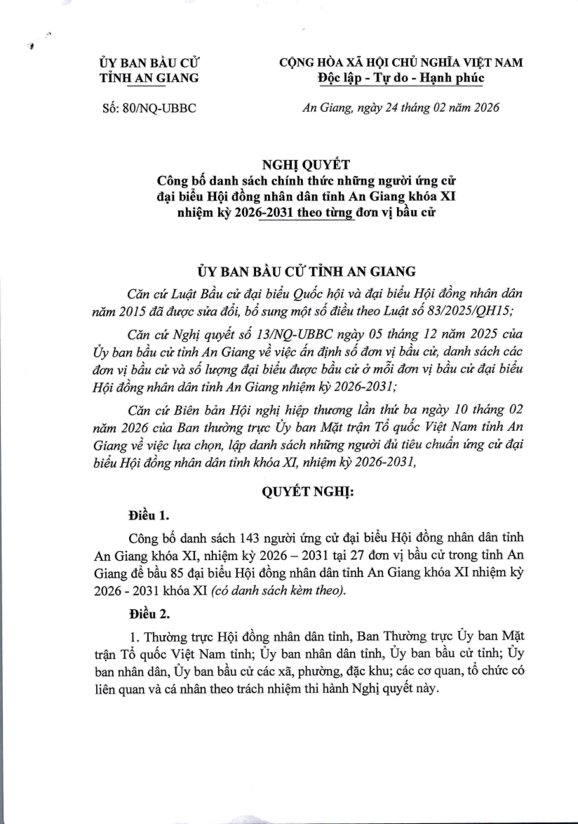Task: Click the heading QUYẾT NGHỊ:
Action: point(308,493)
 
